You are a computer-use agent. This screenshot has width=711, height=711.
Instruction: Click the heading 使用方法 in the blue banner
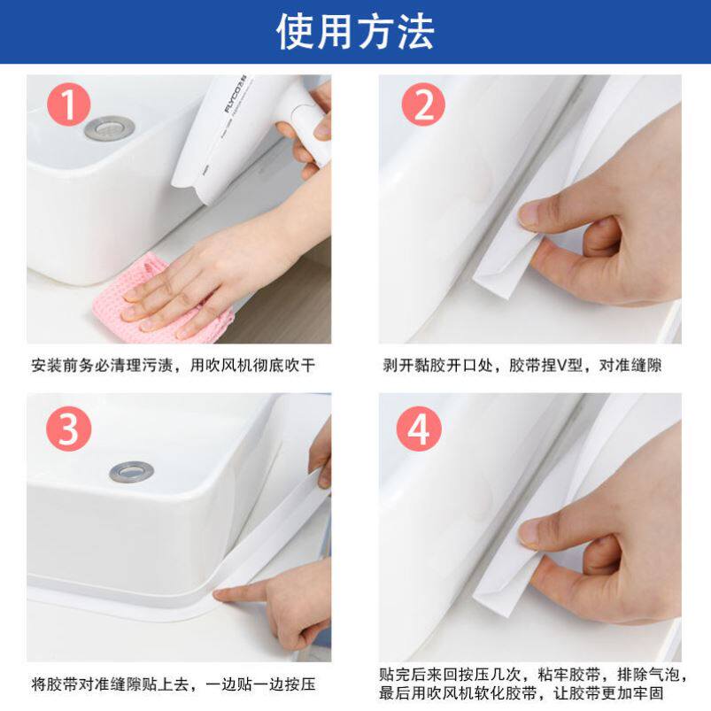355,31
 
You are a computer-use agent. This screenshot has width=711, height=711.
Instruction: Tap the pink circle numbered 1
69,104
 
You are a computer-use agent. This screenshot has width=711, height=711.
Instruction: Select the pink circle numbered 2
423,104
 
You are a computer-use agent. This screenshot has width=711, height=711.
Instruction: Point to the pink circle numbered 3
69,429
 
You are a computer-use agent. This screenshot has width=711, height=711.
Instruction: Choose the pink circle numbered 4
419,429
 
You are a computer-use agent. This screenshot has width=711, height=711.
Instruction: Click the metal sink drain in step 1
109,128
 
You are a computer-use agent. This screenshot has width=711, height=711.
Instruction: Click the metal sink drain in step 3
132,472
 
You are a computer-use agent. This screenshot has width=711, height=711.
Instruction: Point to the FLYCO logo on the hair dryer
235,94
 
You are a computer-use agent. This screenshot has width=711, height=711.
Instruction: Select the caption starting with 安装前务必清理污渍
174,365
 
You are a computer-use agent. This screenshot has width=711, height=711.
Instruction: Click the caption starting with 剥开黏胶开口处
522,365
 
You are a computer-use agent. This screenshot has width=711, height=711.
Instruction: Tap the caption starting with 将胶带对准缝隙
174,684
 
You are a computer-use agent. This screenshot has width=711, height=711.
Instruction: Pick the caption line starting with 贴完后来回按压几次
534,675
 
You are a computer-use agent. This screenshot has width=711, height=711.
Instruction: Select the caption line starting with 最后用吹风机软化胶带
522,693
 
